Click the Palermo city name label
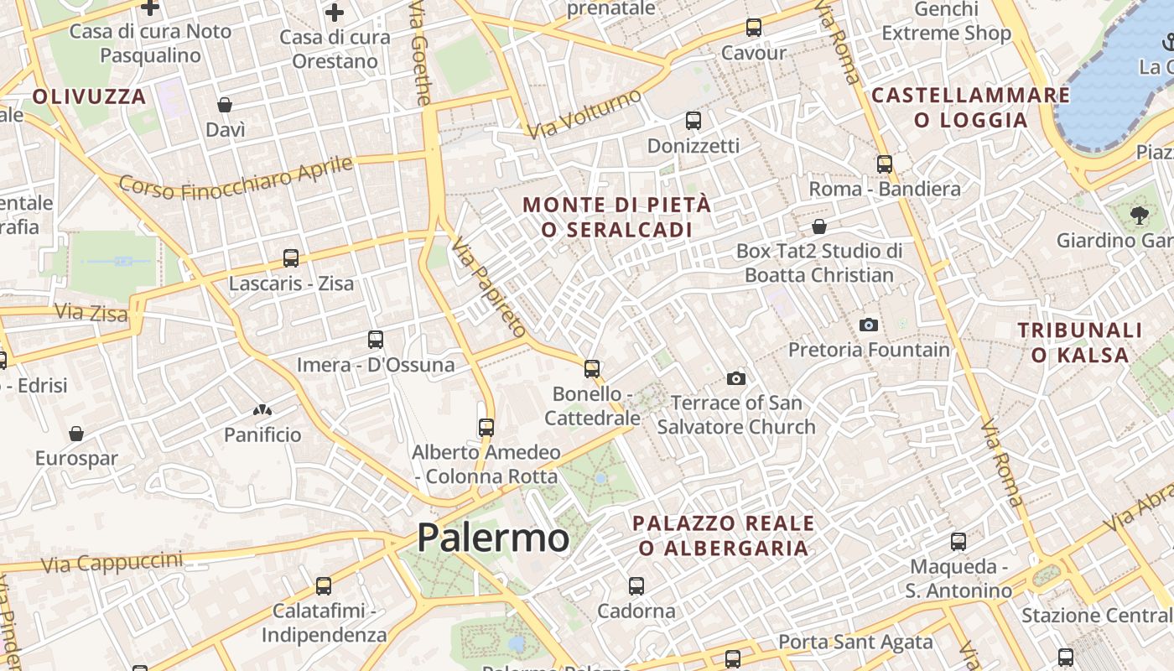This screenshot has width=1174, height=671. [x=493, y=538]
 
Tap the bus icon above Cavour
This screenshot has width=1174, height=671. [x=754, y=28]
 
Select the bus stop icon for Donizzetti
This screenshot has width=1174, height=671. [x=693, y=121]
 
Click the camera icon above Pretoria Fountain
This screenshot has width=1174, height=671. [x=869, y=325]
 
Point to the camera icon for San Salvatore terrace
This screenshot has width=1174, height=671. [x=736, y=378]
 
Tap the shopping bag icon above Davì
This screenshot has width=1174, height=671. [x=225, y=105]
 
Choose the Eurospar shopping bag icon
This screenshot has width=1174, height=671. [x=76, y=434]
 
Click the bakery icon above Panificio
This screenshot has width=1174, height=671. [x=262, y=410]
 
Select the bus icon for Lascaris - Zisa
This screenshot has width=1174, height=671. [x=291, y=258]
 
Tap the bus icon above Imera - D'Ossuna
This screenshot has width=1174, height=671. [x=376, y=340]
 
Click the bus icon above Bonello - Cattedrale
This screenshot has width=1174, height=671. [x=592, y=368]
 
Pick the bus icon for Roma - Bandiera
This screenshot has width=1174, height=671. [x=885, y=164]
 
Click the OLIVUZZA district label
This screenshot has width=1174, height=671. [x=90, y=96]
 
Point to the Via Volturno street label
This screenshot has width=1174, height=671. [x=584, y=114]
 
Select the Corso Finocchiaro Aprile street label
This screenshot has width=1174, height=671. [x=236, y=177]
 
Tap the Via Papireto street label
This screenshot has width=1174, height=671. [x=488, y=286]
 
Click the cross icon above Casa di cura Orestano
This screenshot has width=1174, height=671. [x=335, y=13]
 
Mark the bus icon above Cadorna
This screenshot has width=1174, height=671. [x=636, y=586]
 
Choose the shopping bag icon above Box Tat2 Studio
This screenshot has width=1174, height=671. [x=819, y=226]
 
